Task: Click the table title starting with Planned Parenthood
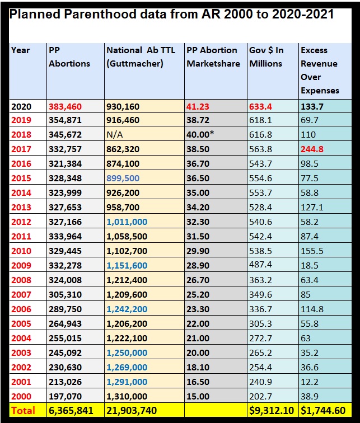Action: point(171,14)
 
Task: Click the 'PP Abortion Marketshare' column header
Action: point(212,57)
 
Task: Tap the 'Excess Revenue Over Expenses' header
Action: point(320,70)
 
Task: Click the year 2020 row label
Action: point(21,106)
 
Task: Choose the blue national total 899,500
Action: point(123,178)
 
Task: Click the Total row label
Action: point(24,411)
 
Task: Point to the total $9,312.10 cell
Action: point(272,411)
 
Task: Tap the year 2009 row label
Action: point(21,265)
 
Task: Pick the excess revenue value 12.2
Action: point(310,381)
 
